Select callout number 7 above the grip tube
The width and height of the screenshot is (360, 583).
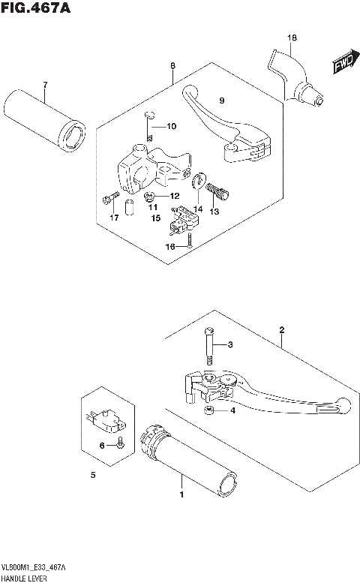[x=44, y=83]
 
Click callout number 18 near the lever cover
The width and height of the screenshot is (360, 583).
[x=292, y=38]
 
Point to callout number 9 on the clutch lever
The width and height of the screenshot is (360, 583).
[x=221, y=101]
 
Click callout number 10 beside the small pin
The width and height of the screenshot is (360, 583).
[x=171, y=126]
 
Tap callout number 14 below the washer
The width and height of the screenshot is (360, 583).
[x=198, y=209]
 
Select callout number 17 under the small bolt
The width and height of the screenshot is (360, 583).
[x=114, y=218]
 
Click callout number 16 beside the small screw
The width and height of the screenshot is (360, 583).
[x=170, y=246]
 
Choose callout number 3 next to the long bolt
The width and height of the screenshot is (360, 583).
[x=232, y=344]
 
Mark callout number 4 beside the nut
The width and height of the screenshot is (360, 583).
[x=232, y=410]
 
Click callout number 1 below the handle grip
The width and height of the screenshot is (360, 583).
[x=180, y=495]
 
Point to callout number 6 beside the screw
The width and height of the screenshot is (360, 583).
[x=101, y=446]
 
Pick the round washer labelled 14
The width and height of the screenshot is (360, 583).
[x=198, y=182]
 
